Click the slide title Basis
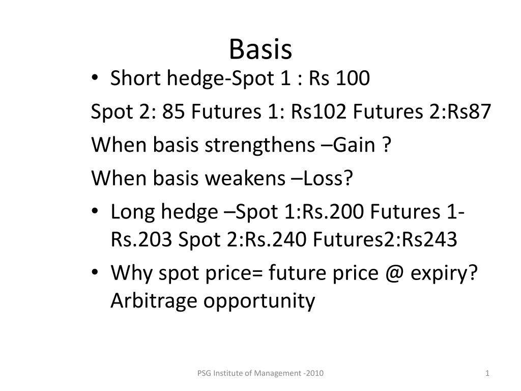(260, 49)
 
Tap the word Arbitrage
(155, 301)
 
